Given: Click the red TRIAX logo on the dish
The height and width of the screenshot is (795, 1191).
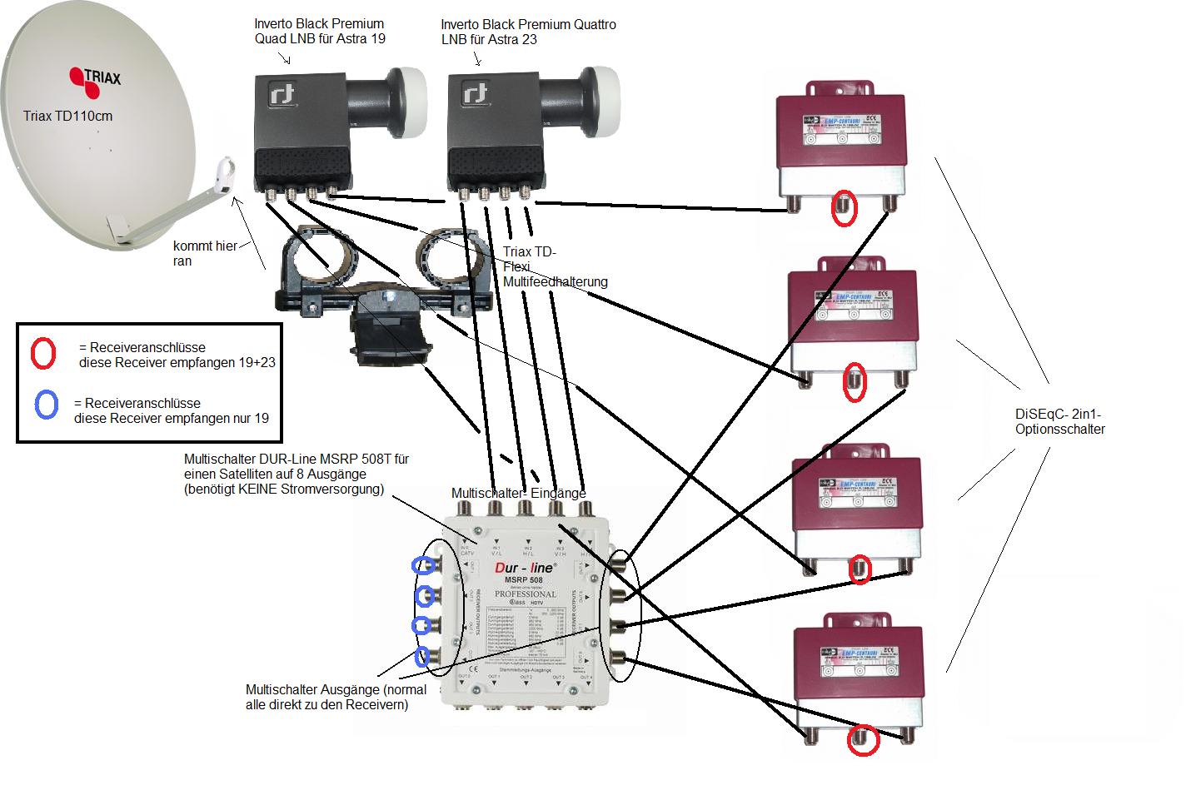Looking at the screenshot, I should click(94, 77).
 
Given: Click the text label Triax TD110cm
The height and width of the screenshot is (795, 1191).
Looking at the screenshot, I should click(67, 116).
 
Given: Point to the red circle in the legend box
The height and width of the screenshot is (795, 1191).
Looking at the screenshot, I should click(43, 354).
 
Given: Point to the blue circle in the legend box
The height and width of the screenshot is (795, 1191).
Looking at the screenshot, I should click(47, 405).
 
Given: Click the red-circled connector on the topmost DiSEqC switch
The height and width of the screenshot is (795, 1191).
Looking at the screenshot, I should click(845, 208).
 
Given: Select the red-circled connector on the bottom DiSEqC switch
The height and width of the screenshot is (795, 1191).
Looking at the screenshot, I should click(863, 740).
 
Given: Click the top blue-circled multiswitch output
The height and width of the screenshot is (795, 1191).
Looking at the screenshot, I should click(423, 565).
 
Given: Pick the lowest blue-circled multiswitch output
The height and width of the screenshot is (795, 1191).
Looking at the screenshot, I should click(423, 656).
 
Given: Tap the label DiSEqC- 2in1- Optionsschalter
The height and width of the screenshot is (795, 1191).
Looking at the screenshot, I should click(1059, 421).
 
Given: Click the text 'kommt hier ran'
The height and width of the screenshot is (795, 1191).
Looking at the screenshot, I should click(205, 253).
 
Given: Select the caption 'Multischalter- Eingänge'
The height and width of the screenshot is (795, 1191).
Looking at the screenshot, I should click(518, 493).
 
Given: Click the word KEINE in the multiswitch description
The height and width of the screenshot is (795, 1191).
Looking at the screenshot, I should click(264, 489).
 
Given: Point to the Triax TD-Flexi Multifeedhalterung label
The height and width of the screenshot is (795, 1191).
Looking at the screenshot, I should click(555, 267).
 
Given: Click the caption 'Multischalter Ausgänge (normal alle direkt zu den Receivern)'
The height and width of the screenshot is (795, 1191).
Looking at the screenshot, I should click(336, 697).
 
